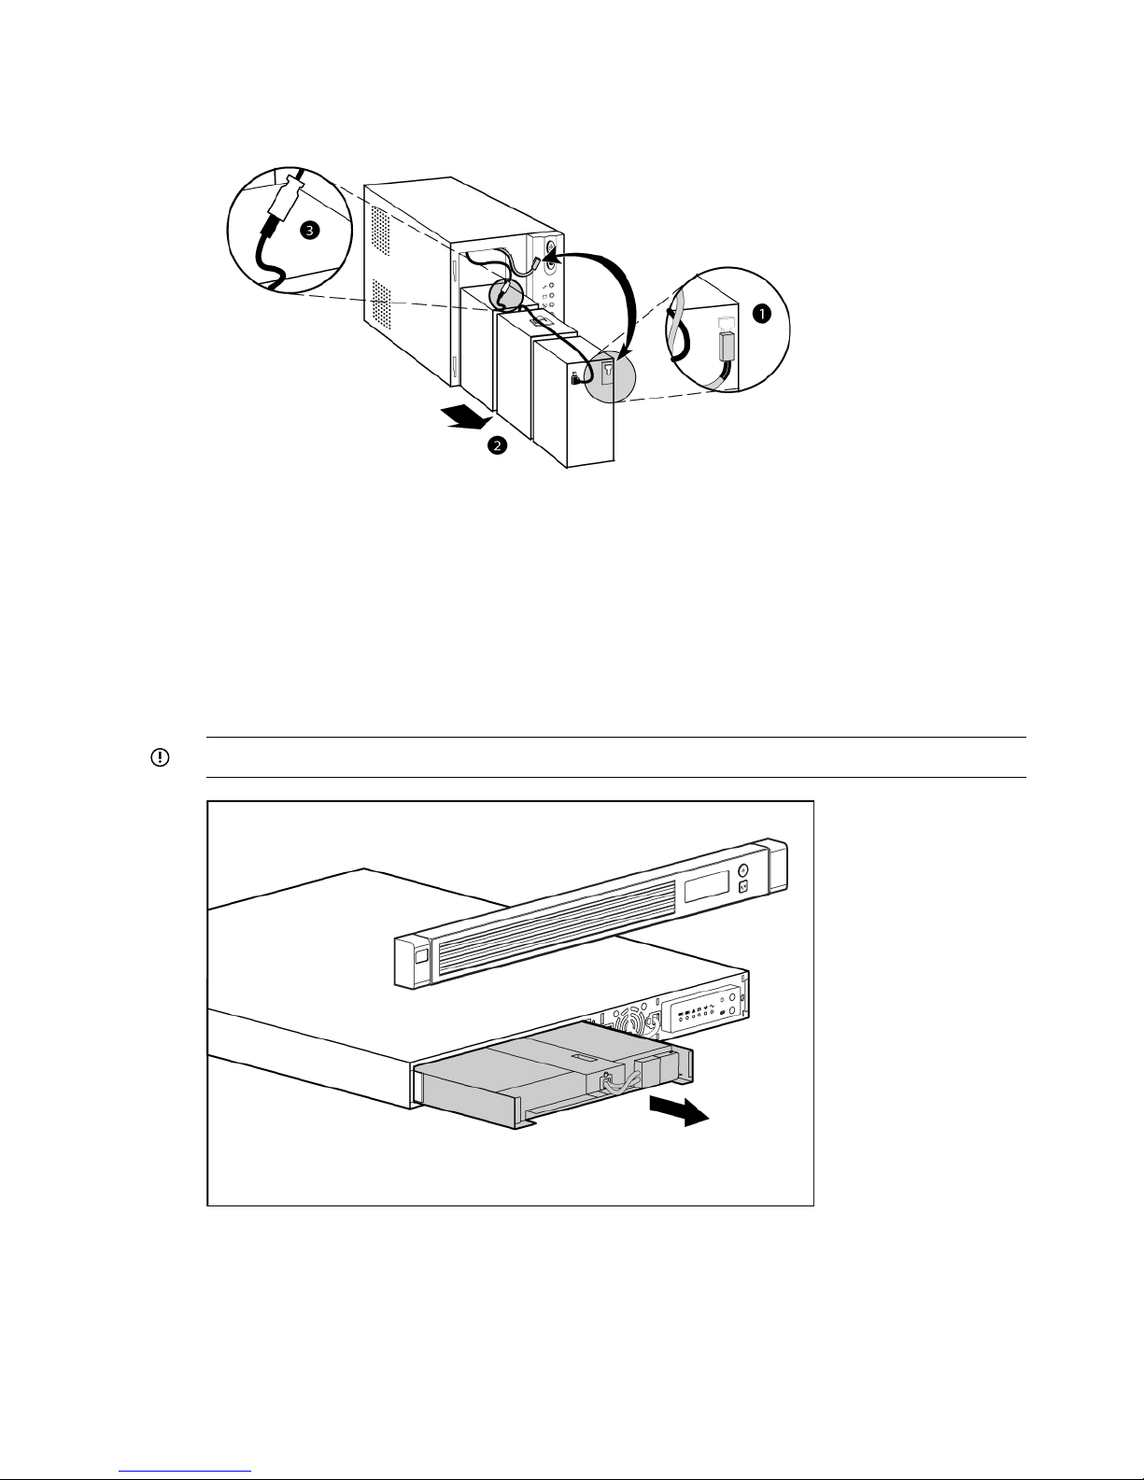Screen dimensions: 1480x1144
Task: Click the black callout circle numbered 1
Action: click(x=762, y=314)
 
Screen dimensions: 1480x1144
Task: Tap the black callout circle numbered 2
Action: click(x=497, y=446)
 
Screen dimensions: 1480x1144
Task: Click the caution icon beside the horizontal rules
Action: click(x=158, y=757)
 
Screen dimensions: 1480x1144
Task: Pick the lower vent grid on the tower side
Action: click(x=380, y=304)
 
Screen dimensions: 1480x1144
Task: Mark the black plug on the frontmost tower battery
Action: click(x=575, y=378)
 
